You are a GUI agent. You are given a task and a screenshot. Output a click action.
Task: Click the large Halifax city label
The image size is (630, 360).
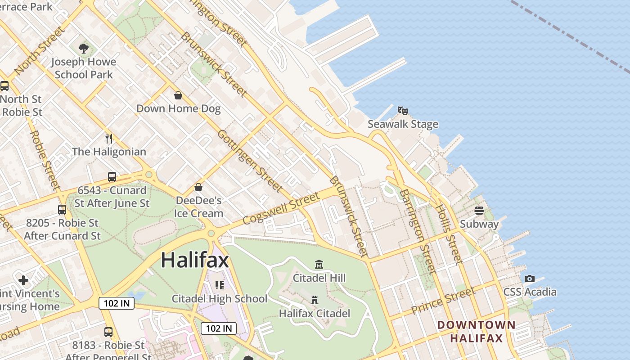coord(195,260)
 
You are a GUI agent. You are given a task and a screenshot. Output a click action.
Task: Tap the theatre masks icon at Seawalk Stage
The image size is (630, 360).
coord(403,110)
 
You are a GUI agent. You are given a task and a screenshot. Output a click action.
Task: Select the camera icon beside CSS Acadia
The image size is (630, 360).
coord(530,279)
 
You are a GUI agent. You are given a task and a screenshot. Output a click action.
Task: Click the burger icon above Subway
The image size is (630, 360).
coord(479,211)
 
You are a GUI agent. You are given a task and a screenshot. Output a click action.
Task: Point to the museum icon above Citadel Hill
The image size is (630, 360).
coord(319,264)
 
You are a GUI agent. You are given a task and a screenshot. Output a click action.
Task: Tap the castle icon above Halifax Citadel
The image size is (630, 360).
coord(315,300)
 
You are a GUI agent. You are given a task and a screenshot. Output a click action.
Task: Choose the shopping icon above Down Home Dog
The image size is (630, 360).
coord(178,95)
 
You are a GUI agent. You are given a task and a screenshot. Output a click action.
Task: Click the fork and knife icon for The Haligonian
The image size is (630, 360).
coord(108,138)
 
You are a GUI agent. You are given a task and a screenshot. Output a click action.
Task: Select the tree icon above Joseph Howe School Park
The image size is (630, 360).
coord(83,48)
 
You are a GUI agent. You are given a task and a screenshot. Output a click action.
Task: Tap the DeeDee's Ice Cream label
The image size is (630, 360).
coord(198,207)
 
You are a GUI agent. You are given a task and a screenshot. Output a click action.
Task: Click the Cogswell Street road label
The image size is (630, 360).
coord(281,208)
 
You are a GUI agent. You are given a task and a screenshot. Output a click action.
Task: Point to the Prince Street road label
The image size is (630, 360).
coord(443,301)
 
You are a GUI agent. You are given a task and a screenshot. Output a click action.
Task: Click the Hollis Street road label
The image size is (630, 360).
coord(448,234)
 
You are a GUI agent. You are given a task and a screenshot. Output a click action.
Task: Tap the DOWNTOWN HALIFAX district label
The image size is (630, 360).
coord(477,331)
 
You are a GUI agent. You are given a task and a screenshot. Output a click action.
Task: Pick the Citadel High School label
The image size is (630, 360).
coord(220,299)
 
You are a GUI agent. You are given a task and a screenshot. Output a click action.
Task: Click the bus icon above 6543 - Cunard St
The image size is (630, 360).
coord(112,177)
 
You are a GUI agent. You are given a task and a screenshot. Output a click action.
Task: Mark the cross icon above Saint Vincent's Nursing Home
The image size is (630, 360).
coord(23,280)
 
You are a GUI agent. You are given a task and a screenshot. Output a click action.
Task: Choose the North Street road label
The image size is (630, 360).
coord(39,50)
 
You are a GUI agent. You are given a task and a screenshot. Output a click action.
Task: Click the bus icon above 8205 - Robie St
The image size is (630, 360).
coord(62,209)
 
